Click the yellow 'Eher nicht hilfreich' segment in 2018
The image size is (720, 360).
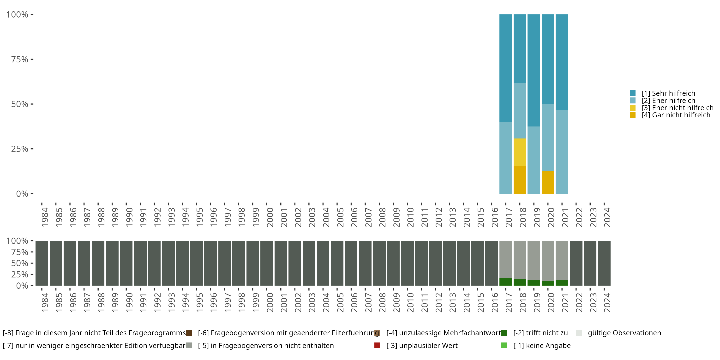[x=520, y=152]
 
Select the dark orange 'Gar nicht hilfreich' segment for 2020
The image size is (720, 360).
[x=548, y=182]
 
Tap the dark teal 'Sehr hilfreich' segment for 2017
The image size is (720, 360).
[x=506, y=68]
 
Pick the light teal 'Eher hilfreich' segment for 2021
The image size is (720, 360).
[x=562, y=151]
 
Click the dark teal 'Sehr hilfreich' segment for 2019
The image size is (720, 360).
[x=534, y=70]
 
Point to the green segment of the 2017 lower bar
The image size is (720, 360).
[x=506, y=282]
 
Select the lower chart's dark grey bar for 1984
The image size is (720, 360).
[x=42, y=263]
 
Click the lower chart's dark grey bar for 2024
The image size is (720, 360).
[x=604, y=263]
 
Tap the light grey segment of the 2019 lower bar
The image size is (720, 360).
[x=534, y=260]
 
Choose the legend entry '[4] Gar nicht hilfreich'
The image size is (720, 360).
[x=676, y=115]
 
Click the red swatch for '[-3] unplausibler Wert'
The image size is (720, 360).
[x=377, y=345]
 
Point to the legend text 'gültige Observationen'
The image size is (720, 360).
[x=624, y=333]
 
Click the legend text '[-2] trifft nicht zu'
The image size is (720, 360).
[x=540, y=333]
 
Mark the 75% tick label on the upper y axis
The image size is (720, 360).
[x=20, y=59]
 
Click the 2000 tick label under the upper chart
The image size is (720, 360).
[x=270, y=217]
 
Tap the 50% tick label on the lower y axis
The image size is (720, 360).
[x=20, y=263]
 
